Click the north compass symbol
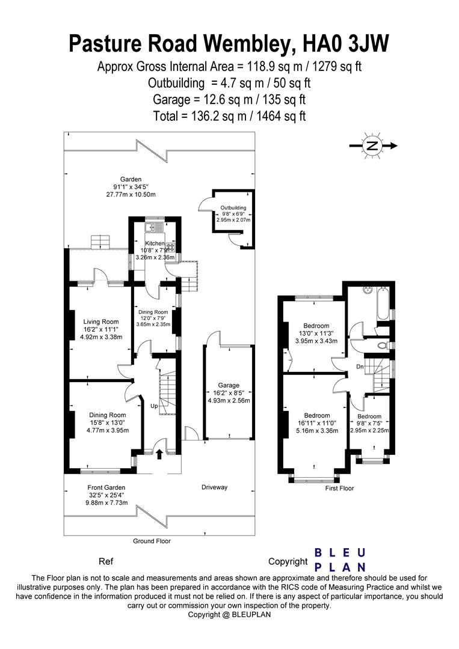tap(373, 145)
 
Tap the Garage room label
tap(229, 385)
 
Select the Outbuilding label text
tap(233, 208)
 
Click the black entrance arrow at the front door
tap(159, 454)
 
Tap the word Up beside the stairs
tap(154, 406)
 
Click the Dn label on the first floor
tap(360, 367)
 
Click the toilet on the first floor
tap(384, 344)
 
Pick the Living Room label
tap(101, 321)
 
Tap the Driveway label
tap(215, 487)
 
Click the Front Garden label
tap(106, 487)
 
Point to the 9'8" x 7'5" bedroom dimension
tap(369, 424)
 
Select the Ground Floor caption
tap(152, 541)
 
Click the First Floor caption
tap(340, 489)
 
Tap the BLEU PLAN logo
tap(340, 560)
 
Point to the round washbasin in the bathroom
tap(366, 290)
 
